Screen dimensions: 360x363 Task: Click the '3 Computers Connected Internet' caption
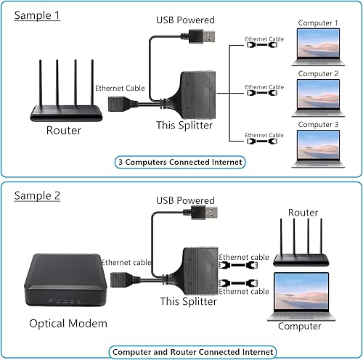[x=179, y=162]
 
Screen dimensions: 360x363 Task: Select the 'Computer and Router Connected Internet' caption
[x=192, y=351]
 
